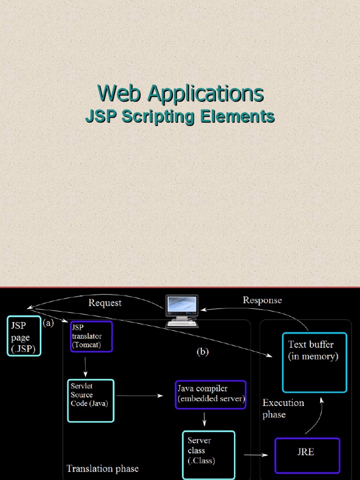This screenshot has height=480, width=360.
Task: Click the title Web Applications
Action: pos(180,93)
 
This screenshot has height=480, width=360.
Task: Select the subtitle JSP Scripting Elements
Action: pos(180,116)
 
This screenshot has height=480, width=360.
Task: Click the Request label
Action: pos(105,303)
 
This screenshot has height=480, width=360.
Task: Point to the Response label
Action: pos(262,300)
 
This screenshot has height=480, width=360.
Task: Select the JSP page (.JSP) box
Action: pos(24,336)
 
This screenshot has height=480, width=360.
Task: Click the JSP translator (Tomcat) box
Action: pos(91,336)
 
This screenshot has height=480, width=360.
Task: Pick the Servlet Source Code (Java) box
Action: pos(91,400)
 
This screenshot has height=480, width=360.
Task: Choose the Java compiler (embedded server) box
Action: pos(210,394)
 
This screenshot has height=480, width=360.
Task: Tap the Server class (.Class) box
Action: pos(208,454)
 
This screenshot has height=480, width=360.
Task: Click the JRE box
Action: pos(307,455)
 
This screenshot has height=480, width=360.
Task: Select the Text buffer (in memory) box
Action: pos(314,362)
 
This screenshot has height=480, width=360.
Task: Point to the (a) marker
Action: pos(48,323)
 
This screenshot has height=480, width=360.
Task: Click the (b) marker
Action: pos(202,352)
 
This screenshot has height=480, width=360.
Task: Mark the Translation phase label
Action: pos(103,468)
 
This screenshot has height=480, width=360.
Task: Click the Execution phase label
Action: pos(283,408)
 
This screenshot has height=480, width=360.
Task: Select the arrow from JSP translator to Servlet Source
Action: pos(85,366)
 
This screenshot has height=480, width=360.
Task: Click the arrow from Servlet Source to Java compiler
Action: pos(139,396)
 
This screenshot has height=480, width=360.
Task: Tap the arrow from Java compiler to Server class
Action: pos(205,419)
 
